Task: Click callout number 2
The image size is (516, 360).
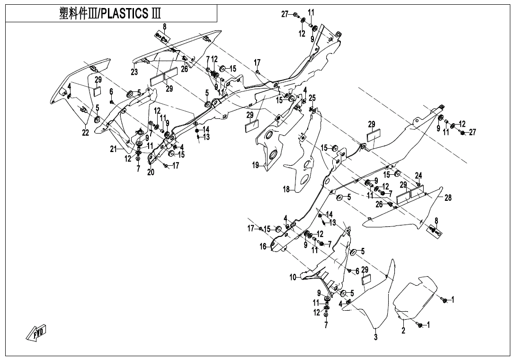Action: (x=403, y=331)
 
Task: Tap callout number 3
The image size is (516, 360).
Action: (x=375, y=338)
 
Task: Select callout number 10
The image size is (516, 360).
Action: (x=293, y=277)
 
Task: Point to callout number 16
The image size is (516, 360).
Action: (x=263, y=246)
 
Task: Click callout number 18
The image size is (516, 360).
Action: (x=286, y=189)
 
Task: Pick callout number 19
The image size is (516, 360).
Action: (x=255, y=165)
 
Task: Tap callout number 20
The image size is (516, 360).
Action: (x=151, y=172)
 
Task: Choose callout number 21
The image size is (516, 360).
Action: (x=113, y=149)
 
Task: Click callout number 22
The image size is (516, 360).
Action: (x=85, y=133)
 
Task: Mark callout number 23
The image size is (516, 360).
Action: (x=134, y=72)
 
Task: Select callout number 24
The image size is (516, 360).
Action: (x=418, y=175)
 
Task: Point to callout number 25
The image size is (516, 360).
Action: (x=312, y=98)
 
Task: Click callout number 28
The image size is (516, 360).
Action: (x=448, y=198)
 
